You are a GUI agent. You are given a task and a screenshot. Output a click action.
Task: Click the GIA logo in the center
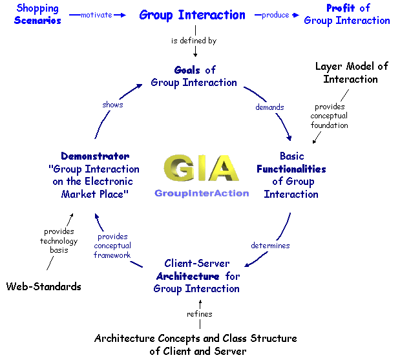coord(200,170)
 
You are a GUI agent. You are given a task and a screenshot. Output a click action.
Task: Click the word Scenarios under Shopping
coord(37,20)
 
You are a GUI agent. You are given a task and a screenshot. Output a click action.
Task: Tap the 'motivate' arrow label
coord(97,15)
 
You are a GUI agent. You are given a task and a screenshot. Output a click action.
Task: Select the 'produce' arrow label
coord(275,15)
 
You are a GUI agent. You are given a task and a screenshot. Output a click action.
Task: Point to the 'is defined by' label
coord(193,41)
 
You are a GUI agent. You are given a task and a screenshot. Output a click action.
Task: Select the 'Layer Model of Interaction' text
coord(351,72)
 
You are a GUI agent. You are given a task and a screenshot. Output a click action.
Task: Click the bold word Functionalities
coord(291,169)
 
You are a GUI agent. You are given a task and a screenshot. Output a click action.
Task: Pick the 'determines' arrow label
coord(270,246)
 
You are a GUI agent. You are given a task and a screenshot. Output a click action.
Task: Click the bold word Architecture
coord(183,276)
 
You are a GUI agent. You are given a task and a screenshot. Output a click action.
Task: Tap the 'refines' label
coord(200,314)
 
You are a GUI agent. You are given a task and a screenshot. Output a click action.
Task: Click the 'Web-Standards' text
coord(44,286)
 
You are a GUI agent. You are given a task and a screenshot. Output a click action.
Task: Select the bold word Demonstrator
coord(95,156)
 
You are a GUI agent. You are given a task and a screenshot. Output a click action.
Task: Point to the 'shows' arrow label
coord(112,104)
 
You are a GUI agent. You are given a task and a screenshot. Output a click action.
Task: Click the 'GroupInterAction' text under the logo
coord(201,193)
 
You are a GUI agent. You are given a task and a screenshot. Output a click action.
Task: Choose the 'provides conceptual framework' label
coord(112,246)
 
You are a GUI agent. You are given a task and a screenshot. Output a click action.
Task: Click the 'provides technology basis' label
coord(59,241)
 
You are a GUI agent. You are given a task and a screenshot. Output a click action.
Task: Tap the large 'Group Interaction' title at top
coord(193,14)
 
